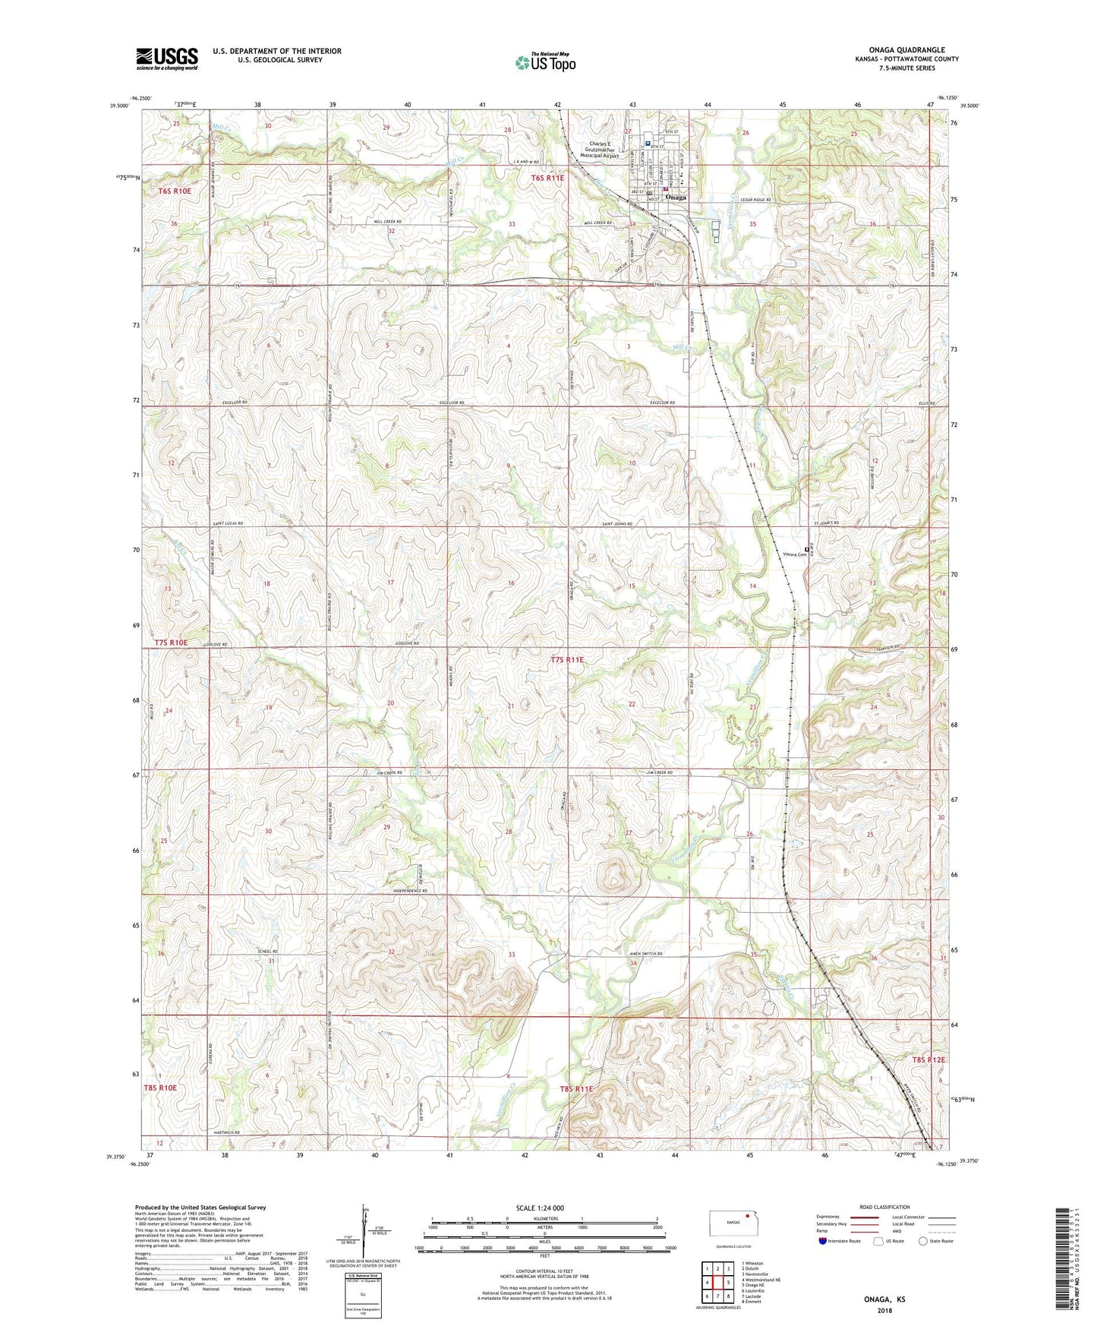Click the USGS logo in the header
pos(167,58)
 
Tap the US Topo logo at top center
pos(545,62)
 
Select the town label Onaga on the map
pos(675,197)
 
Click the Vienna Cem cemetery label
pos(794,554)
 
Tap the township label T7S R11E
pos(567,660)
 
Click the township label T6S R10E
pos(175,191)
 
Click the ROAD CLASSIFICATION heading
pos(884,1207)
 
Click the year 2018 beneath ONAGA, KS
pos(884,1310)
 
